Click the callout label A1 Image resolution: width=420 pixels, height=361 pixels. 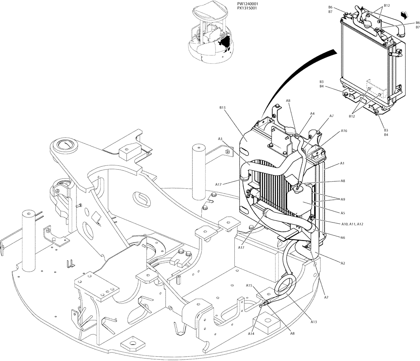coord(342,163)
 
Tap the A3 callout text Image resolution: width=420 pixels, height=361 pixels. coord(220,139)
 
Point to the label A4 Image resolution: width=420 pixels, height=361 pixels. coord(312,113)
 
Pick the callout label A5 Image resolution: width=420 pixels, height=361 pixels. coord(342,212)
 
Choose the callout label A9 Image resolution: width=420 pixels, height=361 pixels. coord(343,199)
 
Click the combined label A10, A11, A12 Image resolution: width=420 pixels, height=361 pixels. coord(352,224)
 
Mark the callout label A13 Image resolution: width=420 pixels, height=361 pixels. coord(313,322)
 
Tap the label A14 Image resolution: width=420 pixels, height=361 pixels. coord(251,334)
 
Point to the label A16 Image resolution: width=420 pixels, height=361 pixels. coord(344,131)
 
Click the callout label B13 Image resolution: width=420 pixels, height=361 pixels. coord(223,107)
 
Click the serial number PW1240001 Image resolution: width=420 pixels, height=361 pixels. coord(248,3)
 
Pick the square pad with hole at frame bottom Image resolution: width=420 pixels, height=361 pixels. coord(134,344)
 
